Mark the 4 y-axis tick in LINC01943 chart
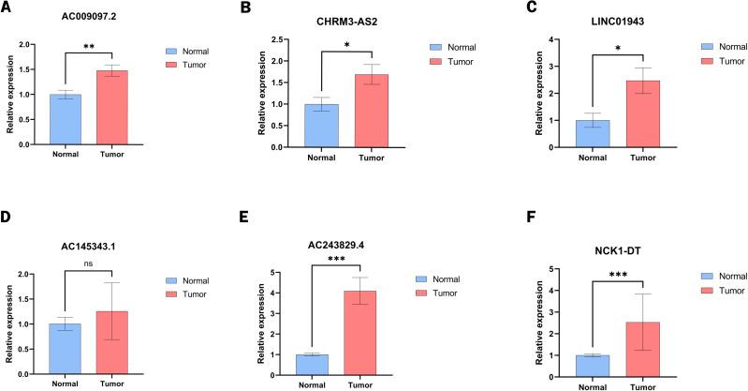[555, 39]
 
